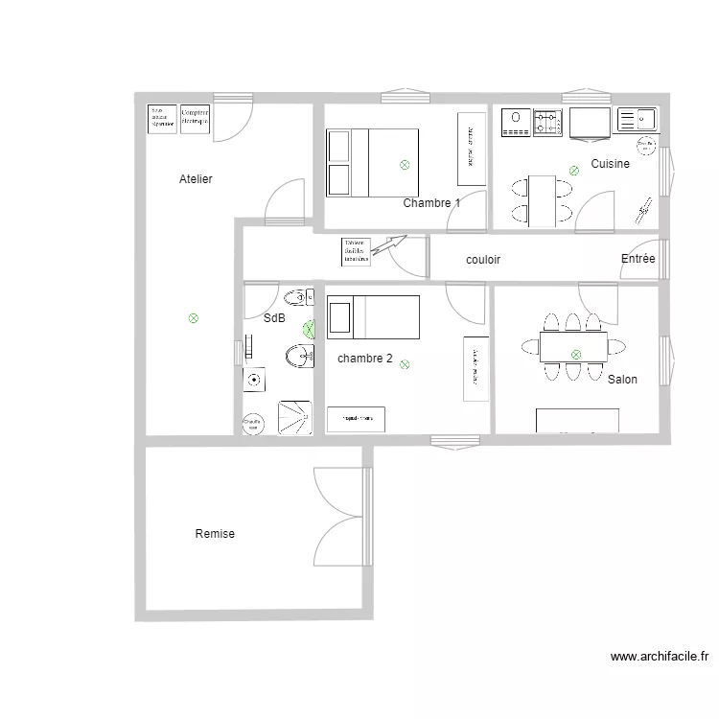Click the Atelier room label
pos(196,179)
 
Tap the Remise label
pos(215,534)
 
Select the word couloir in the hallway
pos(483,260)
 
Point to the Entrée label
pos(638,259)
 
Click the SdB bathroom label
pos(274,318)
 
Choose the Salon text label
pos(622,380)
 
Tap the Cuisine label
pos(610,164)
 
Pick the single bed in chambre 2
pos(373,318)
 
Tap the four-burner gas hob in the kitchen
pos(547,122)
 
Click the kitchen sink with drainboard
pos(637,120)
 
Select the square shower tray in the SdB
pos(295,418)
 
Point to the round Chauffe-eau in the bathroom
pos(253,423)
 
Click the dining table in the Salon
pos(573,346)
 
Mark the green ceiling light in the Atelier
pos(194,317)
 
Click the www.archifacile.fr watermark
pos(659,658)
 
